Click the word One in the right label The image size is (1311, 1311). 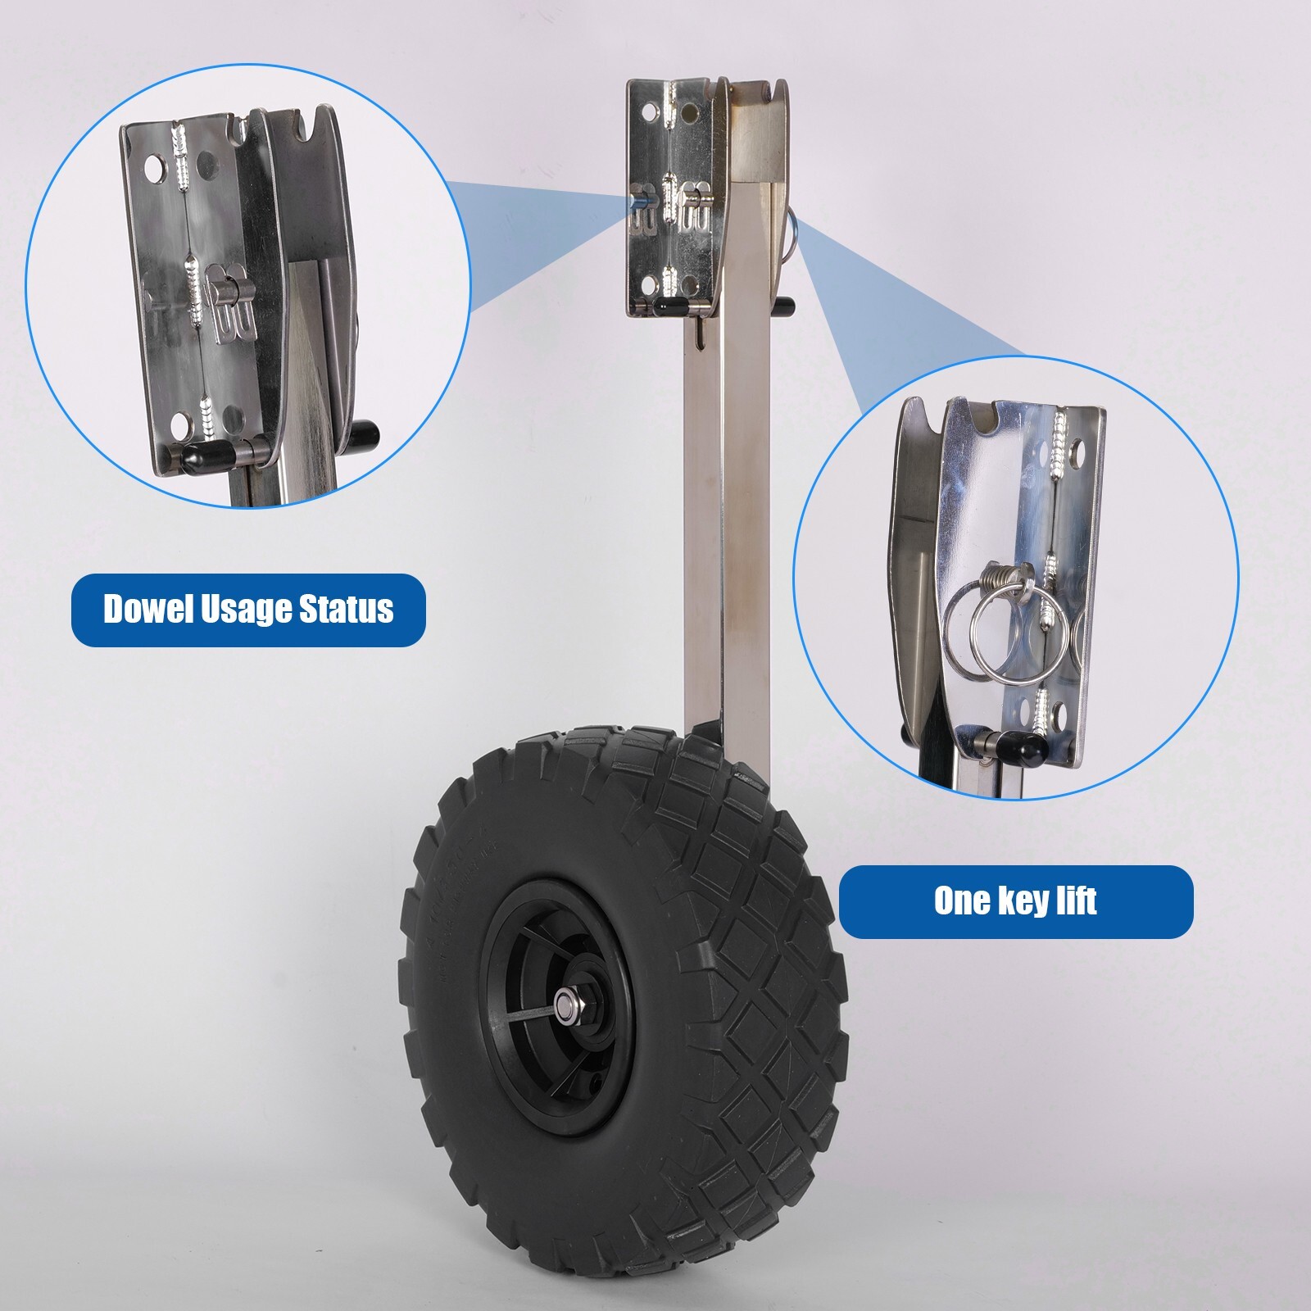(x=962, y=901)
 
